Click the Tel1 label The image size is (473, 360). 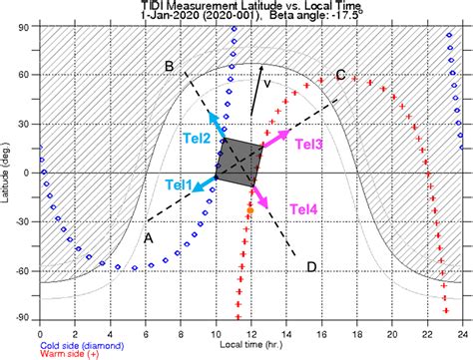pyautogui.click(x=181, y=184)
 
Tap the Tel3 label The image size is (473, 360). pyautogui.click(x=309, y=145)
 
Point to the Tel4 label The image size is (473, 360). pyautogui.click(x=304, y=208)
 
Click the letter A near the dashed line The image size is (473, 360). pyautogui.click(x=149, y=237)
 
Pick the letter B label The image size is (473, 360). pyautogui.click(x=171, y=67)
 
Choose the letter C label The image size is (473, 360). pyautogui.click(x=340, y=75)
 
